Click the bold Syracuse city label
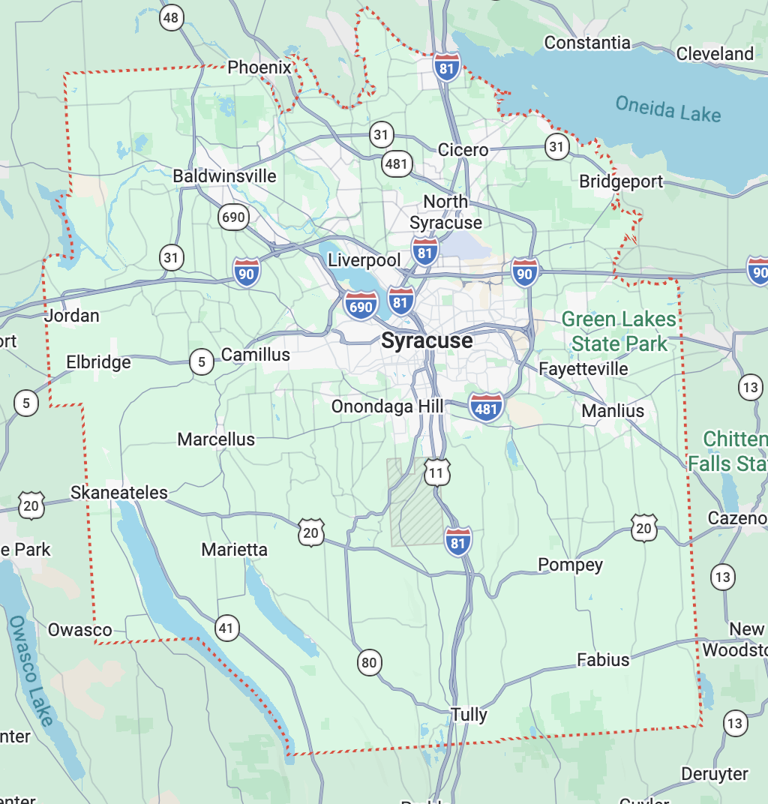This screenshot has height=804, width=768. (427, 340)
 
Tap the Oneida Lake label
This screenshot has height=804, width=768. (667, 109)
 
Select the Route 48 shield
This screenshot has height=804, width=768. (172, 17)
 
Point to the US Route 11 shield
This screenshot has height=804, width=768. (437, 472)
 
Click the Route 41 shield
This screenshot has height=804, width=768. (226, 628)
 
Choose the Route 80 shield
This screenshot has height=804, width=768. (368, 662)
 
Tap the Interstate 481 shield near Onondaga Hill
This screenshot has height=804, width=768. (486, 407)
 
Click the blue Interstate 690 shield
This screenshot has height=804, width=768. (361, 305)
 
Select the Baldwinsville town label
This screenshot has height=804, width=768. (224, 176)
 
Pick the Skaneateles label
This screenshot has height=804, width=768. (119, 493)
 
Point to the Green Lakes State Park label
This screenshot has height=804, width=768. (619, 331)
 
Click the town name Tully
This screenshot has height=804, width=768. (469, 715)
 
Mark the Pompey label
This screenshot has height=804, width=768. (570, 565)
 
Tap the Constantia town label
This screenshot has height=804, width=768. (587, 43)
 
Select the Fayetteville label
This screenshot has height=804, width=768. (583, 369)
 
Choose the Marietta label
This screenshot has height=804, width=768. (234, 550)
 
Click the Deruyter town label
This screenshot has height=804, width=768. (714, 773)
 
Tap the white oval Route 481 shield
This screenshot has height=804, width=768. (396, 163)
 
